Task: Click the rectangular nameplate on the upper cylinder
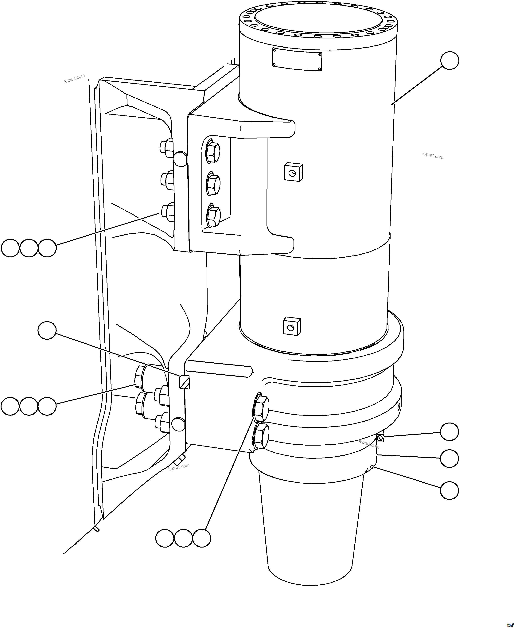tap(297, 60)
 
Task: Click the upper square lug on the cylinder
tap(293, 172)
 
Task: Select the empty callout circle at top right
tap(450, 61)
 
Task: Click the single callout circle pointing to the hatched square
tap(47, 330)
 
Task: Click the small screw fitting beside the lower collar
tap(380, 438)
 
